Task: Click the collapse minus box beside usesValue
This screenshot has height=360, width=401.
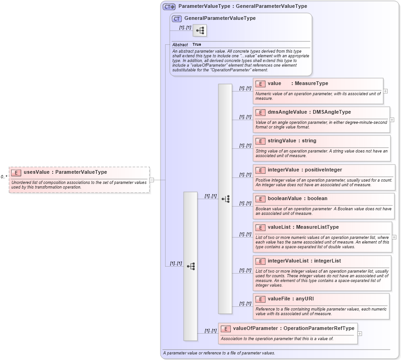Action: coord(152,180)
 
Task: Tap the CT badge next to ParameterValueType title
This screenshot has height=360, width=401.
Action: coord(169,6)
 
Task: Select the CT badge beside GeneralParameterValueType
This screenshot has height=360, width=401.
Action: coord(177,18)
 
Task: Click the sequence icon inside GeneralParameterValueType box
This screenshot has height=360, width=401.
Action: coord(200,31)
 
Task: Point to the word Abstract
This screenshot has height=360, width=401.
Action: coord(180,44)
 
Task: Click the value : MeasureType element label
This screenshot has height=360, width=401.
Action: coord(297,84)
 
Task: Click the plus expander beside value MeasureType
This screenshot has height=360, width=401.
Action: coord(385,91)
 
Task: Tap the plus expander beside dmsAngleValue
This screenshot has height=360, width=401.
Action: coord(392,119)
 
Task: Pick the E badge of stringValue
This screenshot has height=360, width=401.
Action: coord(260,141)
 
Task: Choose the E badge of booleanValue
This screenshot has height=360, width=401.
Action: coord(260,199)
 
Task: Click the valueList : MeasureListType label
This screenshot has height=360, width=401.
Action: coord(303,227)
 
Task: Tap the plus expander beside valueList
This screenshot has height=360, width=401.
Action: coord(394,237)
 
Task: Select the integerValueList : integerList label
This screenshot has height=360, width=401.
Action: coord(304,261)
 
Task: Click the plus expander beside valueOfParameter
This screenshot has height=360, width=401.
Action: coord(360,333)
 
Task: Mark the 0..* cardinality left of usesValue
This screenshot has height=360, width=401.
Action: coord(4,177)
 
